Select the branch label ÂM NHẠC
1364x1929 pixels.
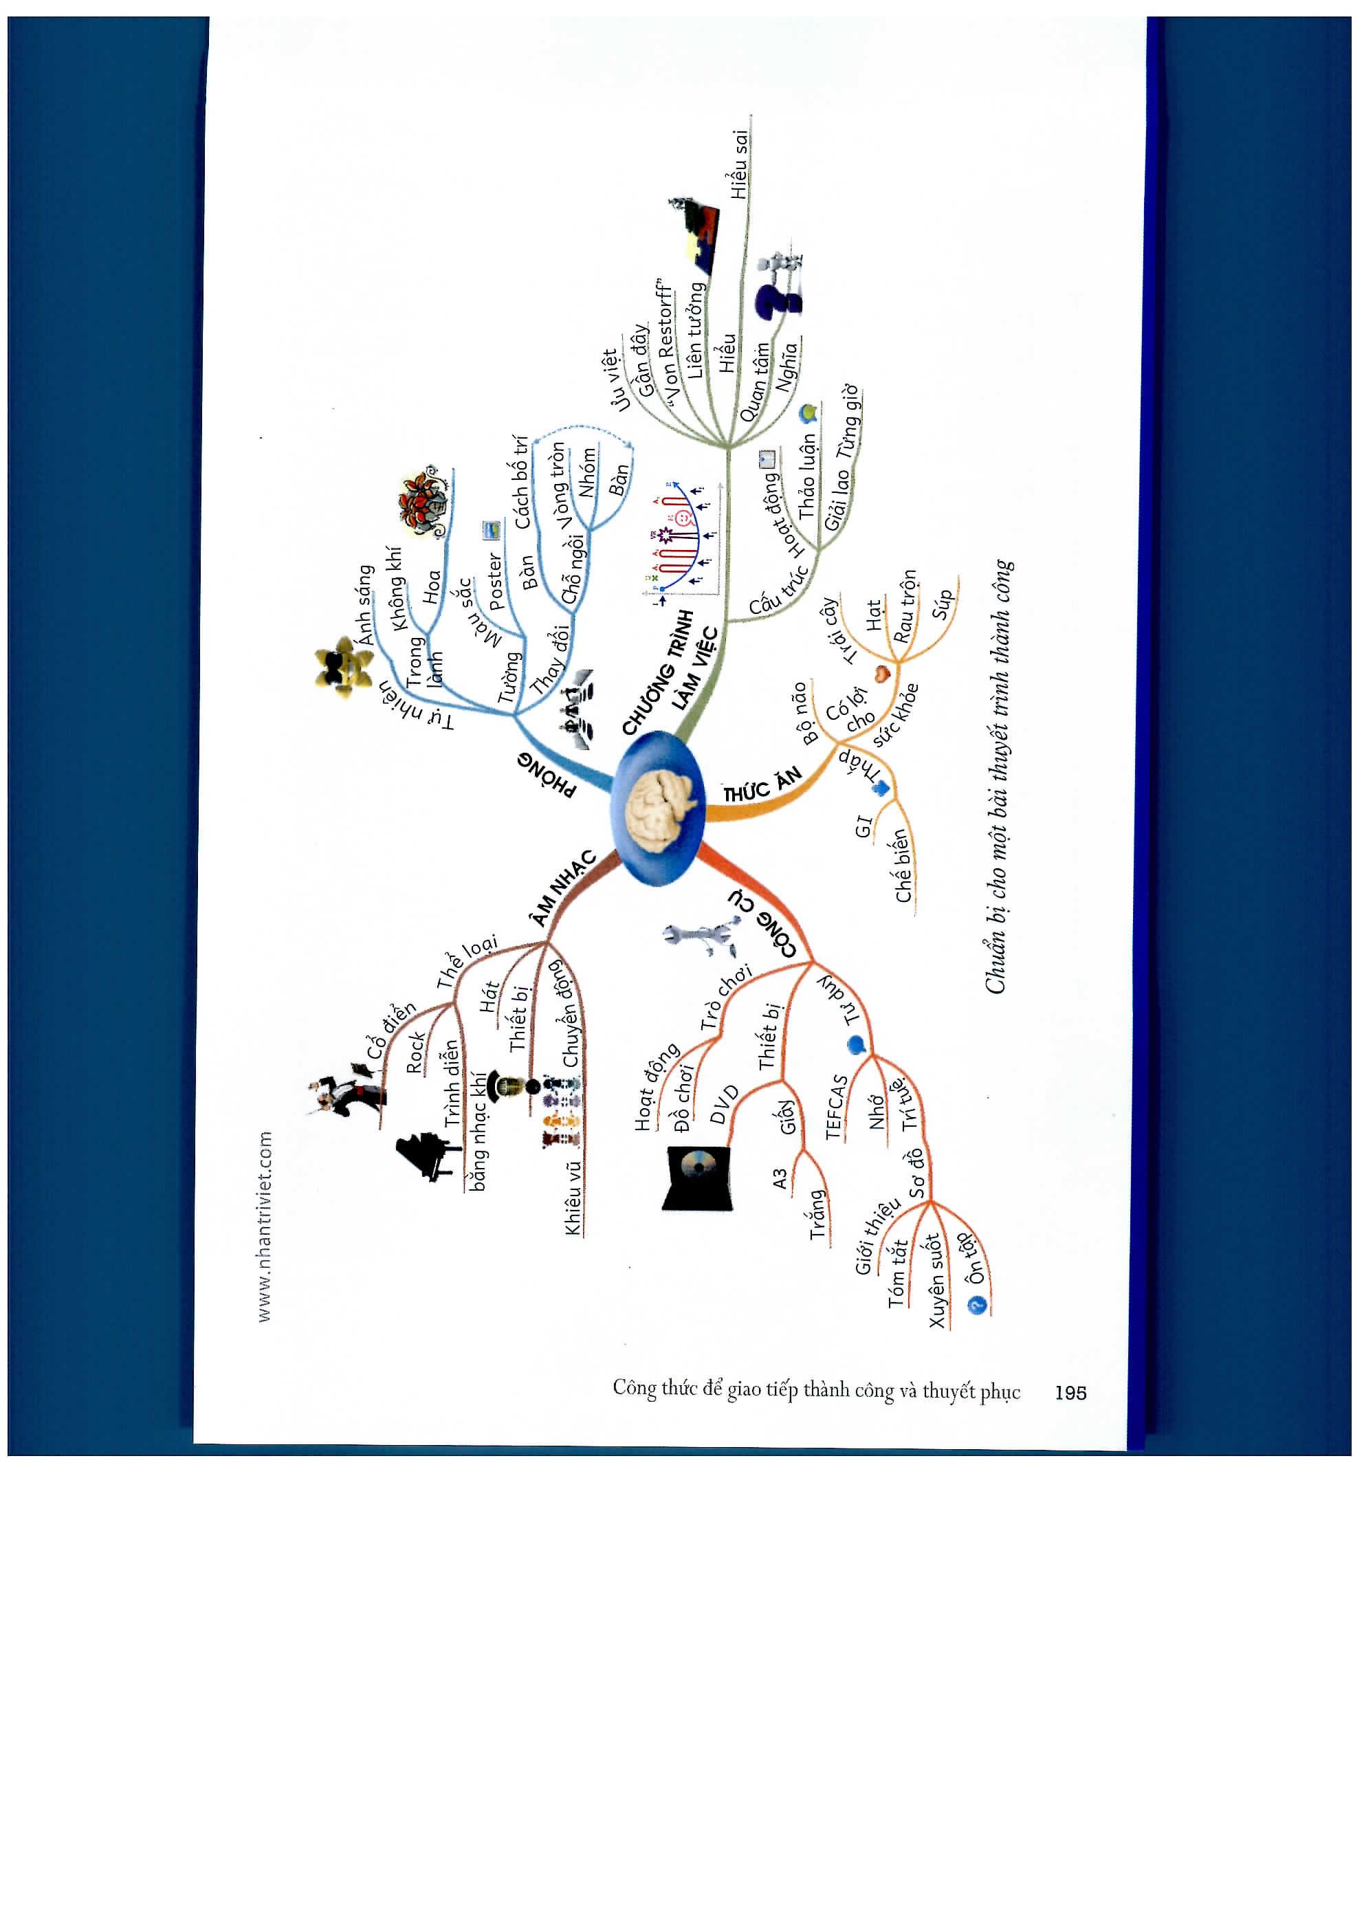pos(564,888)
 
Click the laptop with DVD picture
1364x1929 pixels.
pos(698,1176)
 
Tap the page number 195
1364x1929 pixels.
pos(1070,1392)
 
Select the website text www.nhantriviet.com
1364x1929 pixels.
pos(265,1226)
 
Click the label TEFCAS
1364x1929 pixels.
pos(835,1107)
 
